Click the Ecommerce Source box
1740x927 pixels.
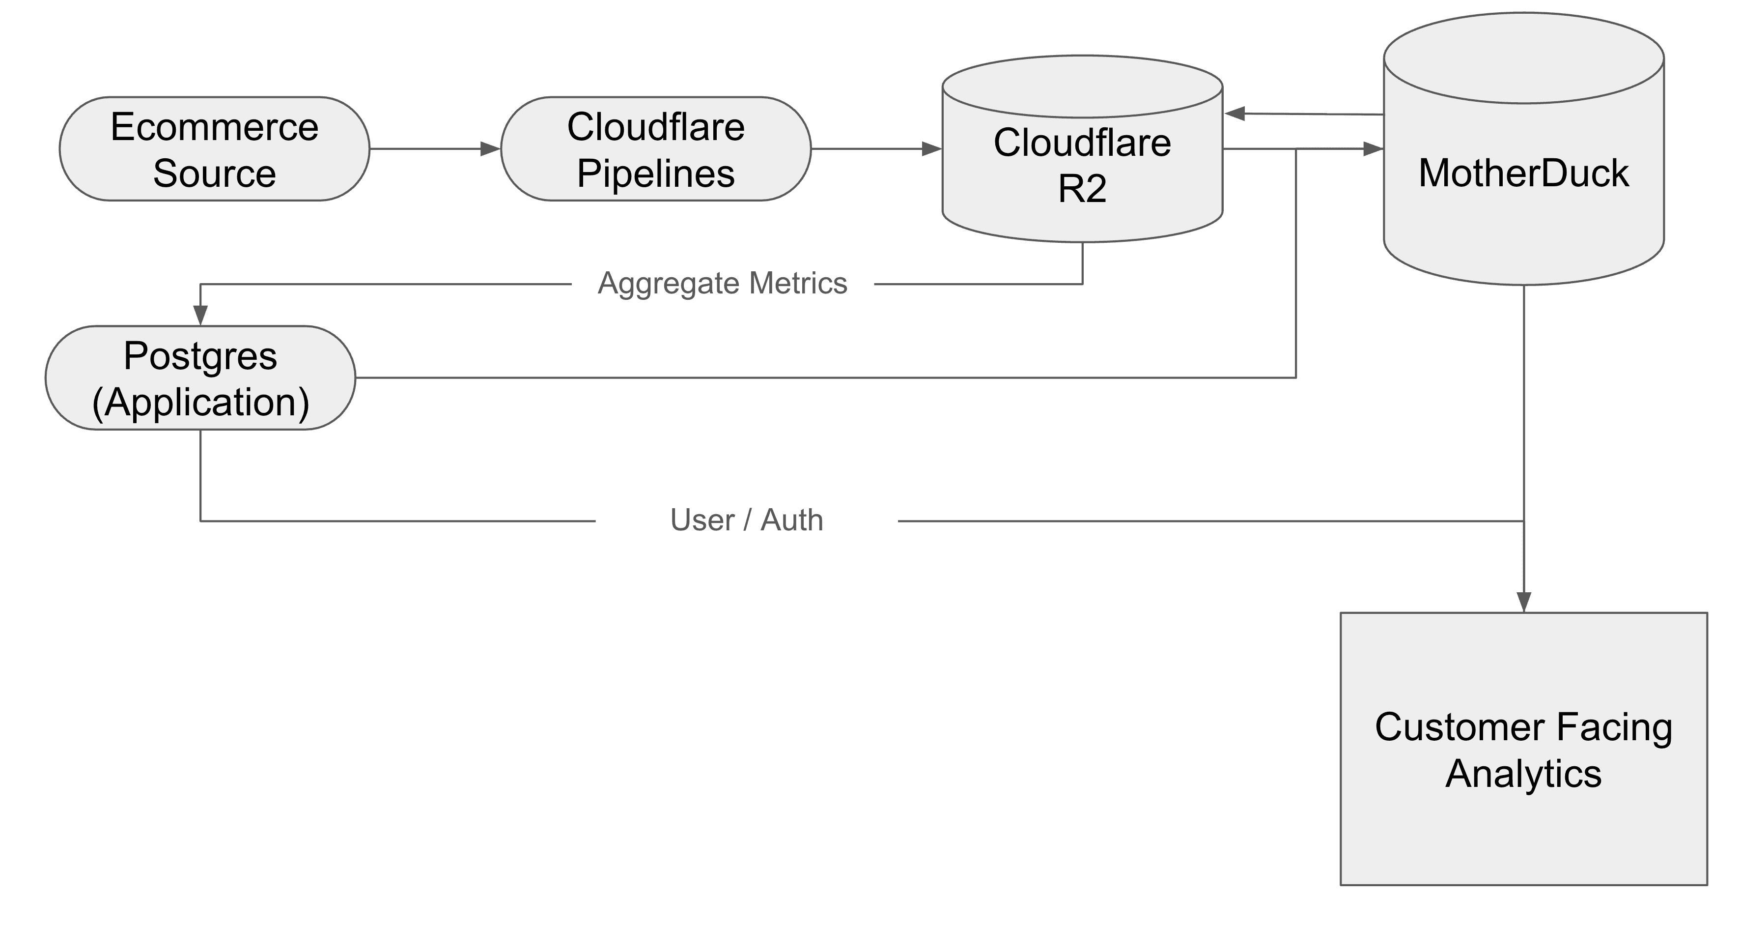point(214,148)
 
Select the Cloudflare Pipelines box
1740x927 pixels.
point(655,148)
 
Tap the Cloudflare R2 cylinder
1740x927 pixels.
point(1082,166)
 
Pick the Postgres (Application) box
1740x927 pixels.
point(200,378)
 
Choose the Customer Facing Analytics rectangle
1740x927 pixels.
point(1523,750)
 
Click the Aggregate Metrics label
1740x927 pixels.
point(722,283)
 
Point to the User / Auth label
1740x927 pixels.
point(746,520)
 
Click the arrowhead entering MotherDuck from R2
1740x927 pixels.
point(1373,148)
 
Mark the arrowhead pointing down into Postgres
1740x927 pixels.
point(200,315)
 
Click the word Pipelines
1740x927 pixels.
point(655,174)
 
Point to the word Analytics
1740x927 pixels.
point(1523,774)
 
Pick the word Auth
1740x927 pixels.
point(792,520)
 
